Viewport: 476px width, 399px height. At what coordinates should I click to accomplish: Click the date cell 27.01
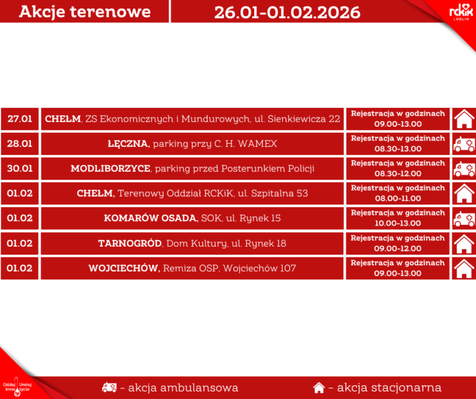coord(20,119)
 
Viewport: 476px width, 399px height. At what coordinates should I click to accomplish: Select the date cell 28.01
coord(20,144)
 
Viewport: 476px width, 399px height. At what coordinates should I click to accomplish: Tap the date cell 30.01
coord(20,169)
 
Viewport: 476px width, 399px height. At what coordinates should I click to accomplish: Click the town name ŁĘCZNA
coord(128,144)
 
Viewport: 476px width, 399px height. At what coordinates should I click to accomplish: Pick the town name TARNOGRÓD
coord(130,243)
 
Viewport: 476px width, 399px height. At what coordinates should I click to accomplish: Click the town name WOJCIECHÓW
coord(124,268)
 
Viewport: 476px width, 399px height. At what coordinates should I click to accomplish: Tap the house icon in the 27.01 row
coord(464,118)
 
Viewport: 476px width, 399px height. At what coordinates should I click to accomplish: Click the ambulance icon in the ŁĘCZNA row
coord(464,144)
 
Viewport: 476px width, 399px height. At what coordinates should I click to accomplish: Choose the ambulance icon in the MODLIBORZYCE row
coord(464,169)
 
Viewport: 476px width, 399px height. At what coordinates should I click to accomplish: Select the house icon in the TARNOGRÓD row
coord(464,243)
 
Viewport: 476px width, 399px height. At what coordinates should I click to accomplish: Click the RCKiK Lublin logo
coord(461,12)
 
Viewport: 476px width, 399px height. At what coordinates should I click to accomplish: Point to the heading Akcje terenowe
coord(85,12)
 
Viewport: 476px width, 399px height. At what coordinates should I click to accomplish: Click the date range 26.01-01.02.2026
coord(287,12)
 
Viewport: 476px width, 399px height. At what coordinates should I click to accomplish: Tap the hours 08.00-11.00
coord(397,198)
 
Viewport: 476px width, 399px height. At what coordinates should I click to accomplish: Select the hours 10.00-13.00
coord(397,223)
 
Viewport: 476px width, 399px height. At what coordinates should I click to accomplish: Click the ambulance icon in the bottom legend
coord(108,388)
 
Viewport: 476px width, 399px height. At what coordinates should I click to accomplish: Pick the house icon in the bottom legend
coord(319,388)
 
